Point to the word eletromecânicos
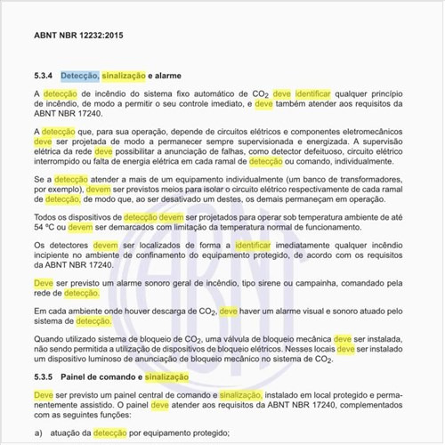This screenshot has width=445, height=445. coord(369,131)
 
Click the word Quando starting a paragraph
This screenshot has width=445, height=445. coord(54,339)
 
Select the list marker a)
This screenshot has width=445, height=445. coord(39,432)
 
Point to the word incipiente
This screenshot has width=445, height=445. coord(56,255)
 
